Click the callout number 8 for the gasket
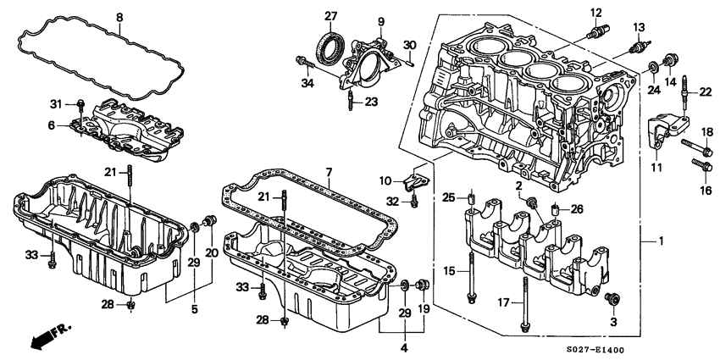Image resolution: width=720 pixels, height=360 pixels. coord(119,17)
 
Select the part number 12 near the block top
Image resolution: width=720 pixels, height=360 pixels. coord(595,12)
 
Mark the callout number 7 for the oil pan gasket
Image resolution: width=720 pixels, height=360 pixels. coord(329,172)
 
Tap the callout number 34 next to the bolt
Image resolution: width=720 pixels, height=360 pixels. coord(306,81)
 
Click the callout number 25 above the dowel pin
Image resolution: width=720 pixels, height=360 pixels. coord(450,197)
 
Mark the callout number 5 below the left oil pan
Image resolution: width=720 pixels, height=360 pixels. coord(194,310)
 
